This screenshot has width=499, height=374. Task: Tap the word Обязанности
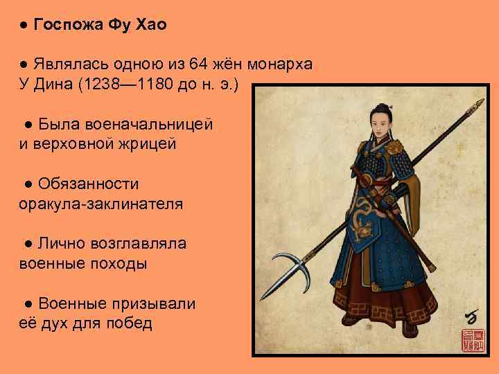coord(89,184)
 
